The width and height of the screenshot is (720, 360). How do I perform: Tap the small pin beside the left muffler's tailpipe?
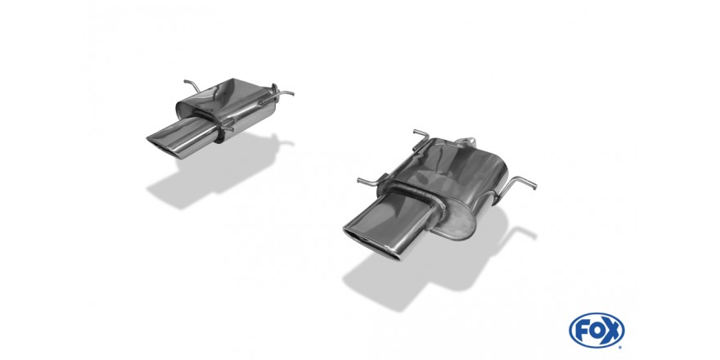coord(232,125)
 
